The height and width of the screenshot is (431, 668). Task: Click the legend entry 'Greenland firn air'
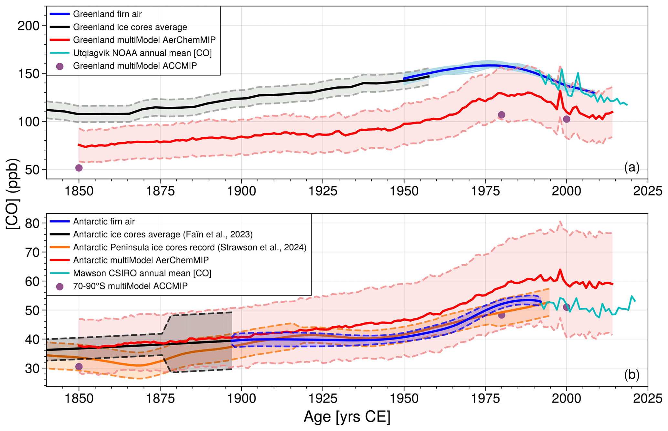[107, 14]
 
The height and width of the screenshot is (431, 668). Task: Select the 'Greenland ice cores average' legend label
[130, 27]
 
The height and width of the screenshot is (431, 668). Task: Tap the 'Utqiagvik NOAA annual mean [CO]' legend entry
[142, 53]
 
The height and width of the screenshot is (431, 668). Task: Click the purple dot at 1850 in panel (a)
[79, 168]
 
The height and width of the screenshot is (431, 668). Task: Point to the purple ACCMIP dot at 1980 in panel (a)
[501, 115]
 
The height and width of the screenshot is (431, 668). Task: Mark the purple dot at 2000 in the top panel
[566, 119]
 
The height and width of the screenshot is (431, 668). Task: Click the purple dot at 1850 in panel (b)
[79, 366]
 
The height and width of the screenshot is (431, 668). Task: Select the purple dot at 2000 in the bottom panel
[566, 307]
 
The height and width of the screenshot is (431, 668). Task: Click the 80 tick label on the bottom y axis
[32, 223]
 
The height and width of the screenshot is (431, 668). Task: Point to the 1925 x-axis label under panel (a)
[323, 191]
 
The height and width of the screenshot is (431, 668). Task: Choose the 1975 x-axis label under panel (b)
[485, 399]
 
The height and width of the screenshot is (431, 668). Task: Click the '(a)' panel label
[631, 167]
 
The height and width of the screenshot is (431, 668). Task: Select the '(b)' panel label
[631, 375]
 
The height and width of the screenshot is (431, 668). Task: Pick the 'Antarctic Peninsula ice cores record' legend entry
[190, 248]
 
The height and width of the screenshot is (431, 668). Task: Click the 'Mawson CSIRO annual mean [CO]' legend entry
[142, 274]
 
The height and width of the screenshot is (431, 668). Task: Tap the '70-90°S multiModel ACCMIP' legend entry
[130, 286]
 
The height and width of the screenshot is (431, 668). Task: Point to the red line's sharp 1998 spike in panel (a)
[560, 91]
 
